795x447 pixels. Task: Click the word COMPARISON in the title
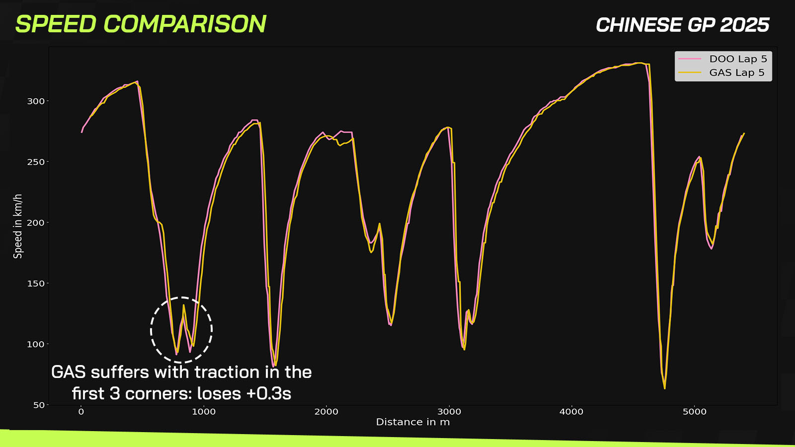point(185,24)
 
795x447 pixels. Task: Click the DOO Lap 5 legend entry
point(723,59)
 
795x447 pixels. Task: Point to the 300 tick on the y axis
point(36,101)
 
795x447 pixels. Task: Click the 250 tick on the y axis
point(36,162)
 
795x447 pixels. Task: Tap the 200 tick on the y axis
point(36,223)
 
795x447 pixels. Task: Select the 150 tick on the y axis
point(36,284)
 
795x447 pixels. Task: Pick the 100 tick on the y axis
point(36,345)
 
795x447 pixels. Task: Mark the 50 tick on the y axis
point(39,405)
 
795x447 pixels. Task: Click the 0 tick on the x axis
point(81,412)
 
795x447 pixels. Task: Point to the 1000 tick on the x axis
point(204,412)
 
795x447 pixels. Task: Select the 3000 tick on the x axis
point(449,412)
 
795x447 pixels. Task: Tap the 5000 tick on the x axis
point(695,412)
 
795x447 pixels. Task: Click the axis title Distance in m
point(413,422)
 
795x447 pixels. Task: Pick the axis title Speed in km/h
point(18,226)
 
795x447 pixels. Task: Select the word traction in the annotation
point(227,372)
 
